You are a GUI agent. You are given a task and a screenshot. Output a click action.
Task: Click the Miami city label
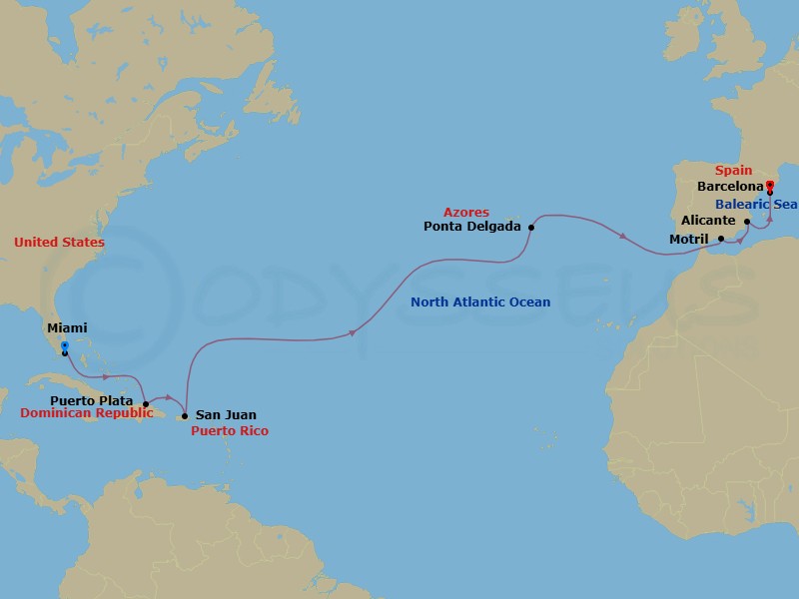pos(67,327)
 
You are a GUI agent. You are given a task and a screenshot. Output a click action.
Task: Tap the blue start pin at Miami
pos(64,347)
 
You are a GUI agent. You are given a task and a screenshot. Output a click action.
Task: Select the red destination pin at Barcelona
pos(769,185)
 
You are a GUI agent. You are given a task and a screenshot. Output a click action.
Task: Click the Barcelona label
pos(728,186)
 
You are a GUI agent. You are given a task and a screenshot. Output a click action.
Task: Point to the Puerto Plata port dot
pos(147,404)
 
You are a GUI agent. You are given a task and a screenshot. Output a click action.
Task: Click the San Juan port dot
pos(185,415)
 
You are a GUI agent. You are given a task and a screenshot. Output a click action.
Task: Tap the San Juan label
pos(226,414)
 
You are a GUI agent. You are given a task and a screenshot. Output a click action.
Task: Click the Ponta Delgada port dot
pos(531,227)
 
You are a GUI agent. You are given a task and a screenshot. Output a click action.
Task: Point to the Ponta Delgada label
pos(472,227)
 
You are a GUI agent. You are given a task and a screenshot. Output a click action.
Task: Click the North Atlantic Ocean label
pos(480,301)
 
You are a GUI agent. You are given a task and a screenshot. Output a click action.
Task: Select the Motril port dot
pos(721,239)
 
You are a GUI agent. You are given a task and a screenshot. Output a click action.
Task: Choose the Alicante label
pos(708,221)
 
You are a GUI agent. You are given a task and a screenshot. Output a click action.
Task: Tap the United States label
pos(59,243)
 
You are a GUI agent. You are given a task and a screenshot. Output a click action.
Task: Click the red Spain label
pos(733,171)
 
